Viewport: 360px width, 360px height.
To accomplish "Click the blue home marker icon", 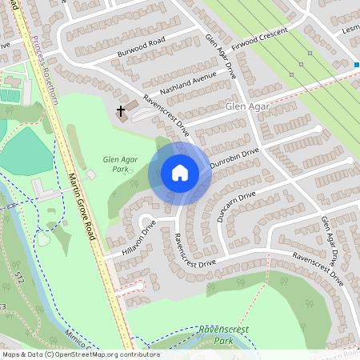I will point(180,173).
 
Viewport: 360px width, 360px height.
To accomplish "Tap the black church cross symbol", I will point(122,110).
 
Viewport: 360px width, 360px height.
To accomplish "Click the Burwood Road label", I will point(141,40).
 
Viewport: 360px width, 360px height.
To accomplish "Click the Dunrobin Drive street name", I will point(234,157).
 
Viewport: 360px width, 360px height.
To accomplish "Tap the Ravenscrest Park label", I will point(223,334).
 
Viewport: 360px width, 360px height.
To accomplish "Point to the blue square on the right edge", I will point(357,66).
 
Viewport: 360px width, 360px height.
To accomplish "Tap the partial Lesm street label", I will point(350,28).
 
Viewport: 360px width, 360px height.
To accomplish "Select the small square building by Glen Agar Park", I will point(90,174).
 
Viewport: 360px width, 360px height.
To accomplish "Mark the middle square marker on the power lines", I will point(310,54).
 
